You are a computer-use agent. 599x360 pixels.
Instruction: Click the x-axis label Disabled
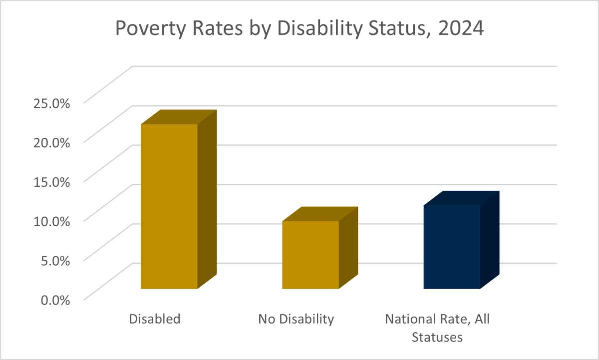click(154, 319)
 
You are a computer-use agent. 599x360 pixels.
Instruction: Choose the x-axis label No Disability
click(296, 319)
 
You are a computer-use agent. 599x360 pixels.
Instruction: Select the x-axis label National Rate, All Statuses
click(437, 328)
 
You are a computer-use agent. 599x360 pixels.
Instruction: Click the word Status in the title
click(390, 27)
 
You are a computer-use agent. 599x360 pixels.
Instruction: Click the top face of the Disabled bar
click(179, 117)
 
